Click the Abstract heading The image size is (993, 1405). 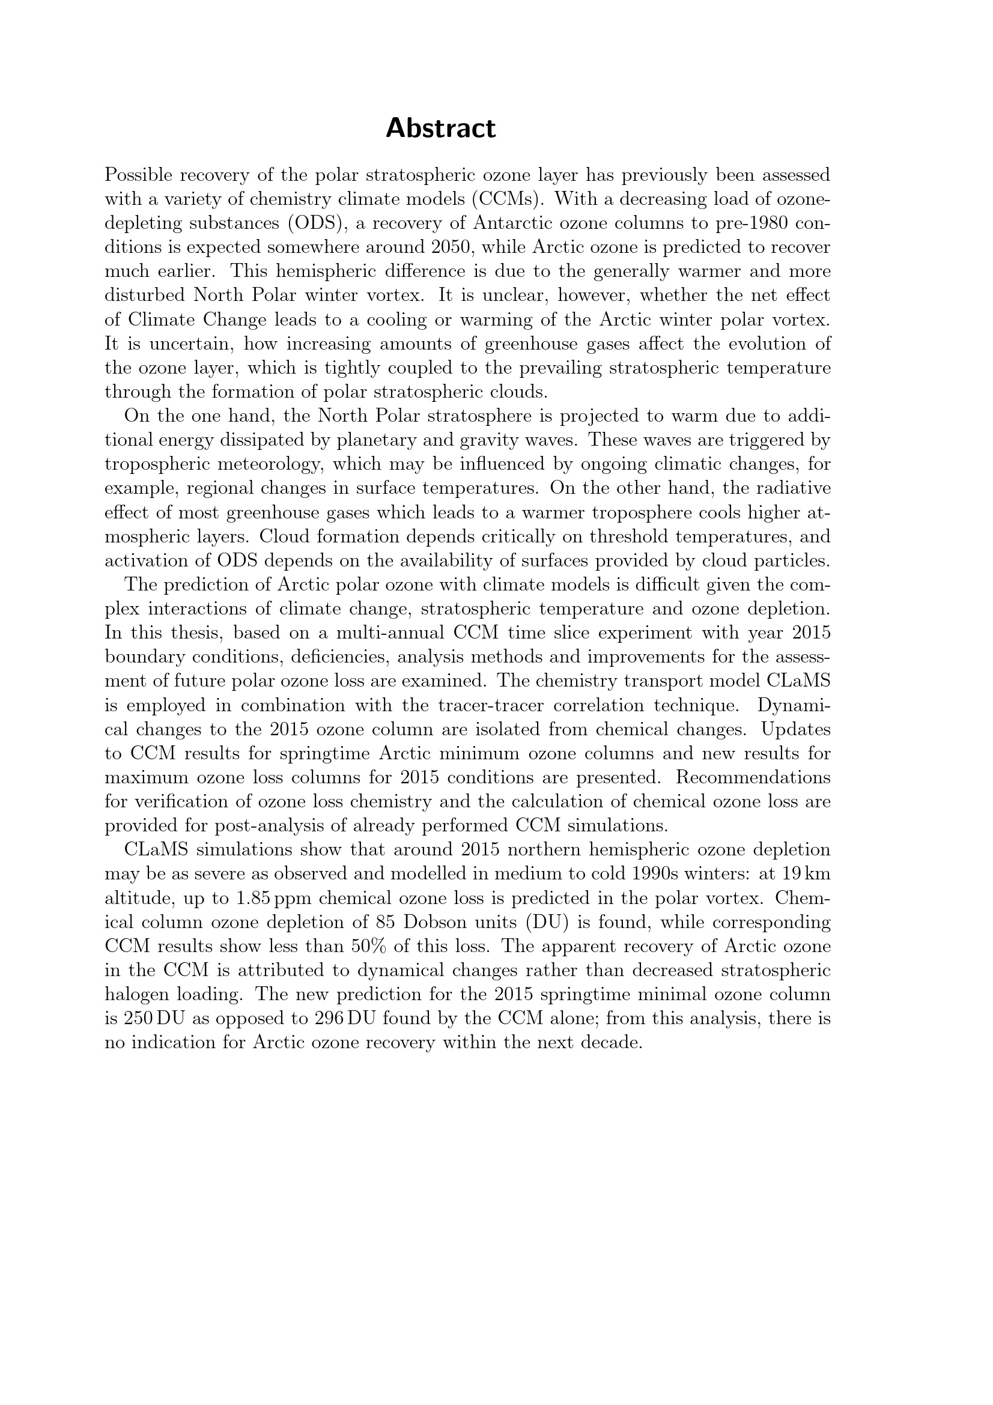click(440, 129)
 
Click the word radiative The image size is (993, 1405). click(792, 488)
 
